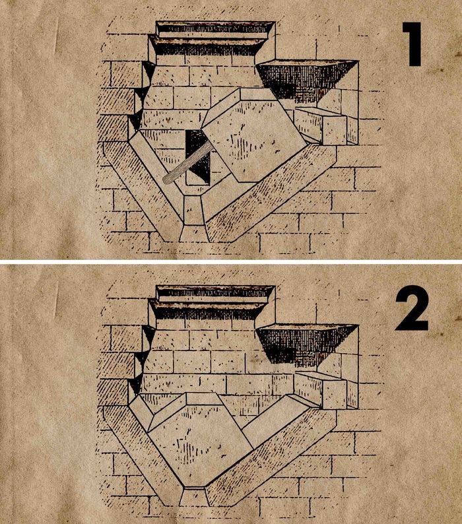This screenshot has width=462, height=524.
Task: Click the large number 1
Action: click(412, 44)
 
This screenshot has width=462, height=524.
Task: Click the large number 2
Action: click(412, 308)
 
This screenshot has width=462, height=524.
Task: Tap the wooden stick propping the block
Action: click(188, 162)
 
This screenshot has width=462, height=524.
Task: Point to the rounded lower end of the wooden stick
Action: click(167, 179)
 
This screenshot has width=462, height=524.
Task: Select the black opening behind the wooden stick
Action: click(198, 157)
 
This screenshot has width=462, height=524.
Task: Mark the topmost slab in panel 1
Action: click(214, 30)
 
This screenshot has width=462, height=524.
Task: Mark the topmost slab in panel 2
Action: click(214, 294)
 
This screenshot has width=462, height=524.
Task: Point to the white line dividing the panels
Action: click(231, 261)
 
